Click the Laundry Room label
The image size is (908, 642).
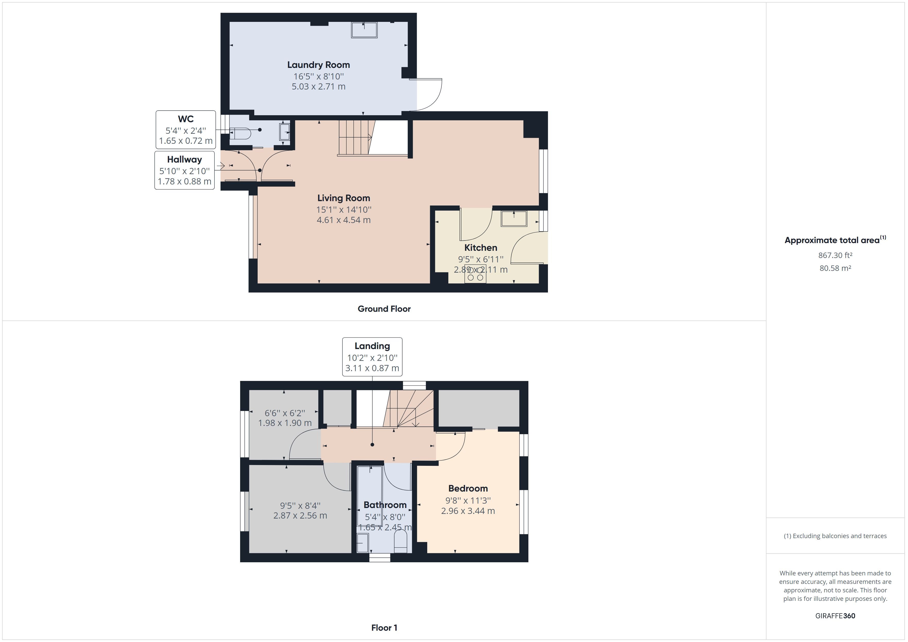(318, 65)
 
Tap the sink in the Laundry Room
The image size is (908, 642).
(364, 30)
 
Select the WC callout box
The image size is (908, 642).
(186, 130)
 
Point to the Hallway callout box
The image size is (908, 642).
(184, 170)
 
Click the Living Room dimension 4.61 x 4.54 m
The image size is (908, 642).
(343, 220)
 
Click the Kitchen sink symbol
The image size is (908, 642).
(514, 219)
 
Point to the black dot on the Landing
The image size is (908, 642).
(372, 445)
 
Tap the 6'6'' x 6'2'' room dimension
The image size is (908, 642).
(285, 413)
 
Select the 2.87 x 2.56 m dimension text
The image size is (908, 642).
(300, 515)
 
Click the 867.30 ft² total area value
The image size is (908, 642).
(835, 255)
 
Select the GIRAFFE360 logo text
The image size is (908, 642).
(835, 616)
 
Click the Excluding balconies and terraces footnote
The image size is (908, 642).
(835, 536)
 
